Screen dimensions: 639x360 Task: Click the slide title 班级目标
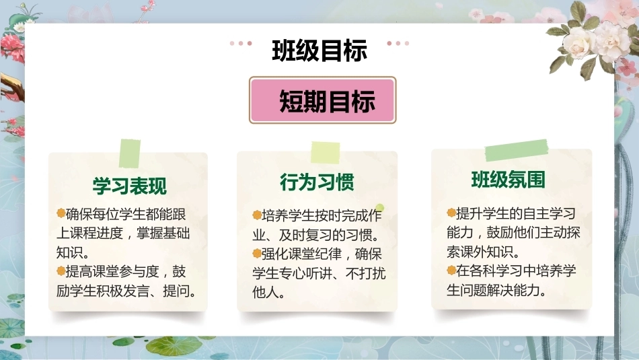coord(319,50)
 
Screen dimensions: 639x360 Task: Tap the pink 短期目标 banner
coord(322,100)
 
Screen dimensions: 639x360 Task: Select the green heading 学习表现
coord(130,186)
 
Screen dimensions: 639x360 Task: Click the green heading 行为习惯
coord(317,182)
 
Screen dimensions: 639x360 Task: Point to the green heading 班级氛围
coord(509,180)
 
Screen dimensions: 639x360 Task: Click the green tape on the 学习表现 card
coord(130,153)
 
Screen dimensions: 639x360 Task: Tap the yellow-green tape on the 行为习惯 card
coord(325,153)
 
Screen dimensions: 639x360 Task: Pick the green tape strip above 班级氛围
coord(517,150)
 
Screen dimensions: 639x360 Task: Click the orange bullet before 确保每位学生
coord(61,213)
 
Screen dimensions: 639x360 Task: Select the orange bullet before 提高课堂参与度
coord(61,271)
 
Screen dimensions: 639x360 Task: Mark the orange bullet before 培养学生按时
coord(257,215)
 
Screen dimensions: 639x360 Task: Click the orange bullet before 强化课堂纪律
coord(257,254)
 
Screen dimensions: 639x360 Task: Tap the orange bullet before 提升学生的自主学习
coord(451,213)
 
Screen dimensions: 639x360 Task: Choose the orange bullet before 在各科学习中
coord(451,270)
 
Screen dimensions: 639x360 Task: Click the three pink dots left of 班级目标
coord(241,43)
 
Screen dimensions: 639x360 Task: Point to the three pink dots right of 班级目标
coord(398,43)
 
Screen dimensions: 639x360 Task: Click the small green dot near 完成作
coord(380,208)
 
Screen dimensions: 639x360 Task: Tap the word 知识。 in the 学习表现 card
coord(73,252)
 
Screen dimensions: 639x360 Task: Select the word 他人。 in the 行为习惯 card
coord(268,292)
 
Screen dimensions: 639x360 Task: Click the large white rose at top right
coord(578,42)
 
